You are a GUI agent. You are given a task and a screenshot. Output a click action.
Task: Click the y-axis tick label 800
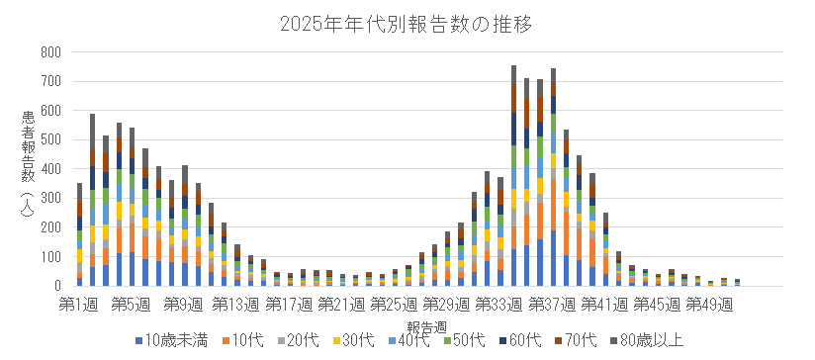click(48, 52)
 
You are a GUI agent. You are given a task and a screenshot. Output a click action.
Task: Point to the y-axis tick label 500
click(48, 140)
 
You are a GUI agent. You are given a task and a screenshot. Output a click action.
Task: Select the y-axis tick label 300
click(48, 199)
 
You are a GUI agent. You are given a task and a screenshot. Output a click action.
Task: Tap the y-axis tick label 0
click(57, 286)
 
